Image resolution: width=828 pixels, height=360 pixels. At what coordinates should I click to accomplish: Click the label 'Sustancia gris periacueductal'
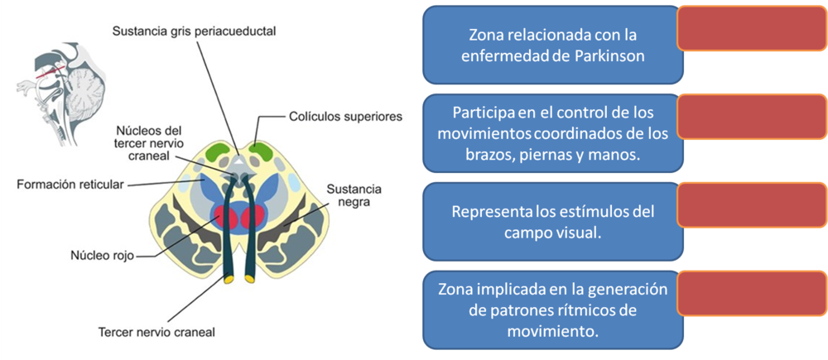tap(195, 31)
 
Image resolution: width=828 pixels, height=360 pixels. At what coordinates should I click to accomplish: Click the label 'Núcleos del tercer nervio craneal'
tap(149, 142)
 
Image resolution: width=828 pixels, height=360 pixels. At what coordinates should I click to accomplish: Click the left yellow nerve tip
tap(225, 280)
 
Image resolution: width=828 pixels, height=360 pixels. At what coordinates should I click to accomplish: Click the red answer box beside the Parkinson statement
tap(752, 29)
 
